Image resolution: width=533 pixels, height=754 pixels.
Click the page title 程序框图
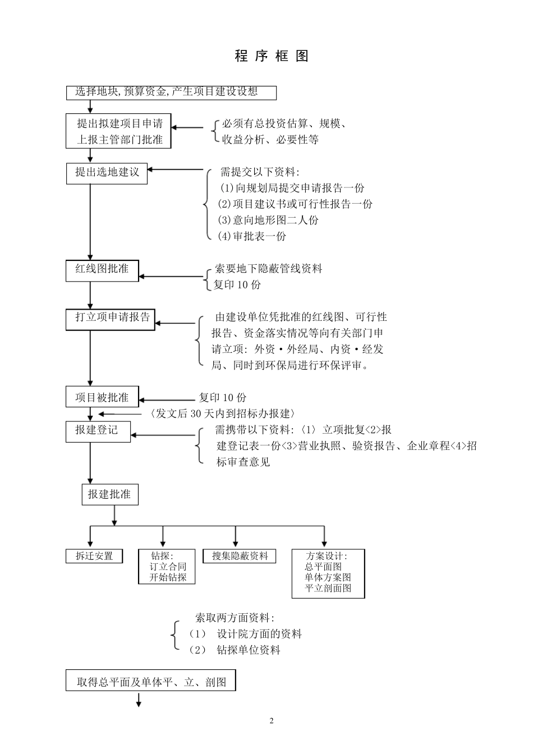point(272,56)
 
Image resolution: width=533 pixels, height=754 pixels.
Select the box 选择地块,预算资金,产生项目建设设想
point(171,92)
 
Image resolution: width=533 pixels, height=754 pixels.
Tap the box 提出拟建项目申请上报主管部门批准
point(118,131)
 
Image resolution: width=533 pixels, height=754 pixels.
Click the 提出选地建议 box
point(107,172)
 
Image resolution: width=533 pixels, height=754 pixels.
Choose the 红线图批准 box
point(102,270)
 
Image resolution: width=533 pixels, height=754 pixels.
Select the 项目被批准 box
point(102,398)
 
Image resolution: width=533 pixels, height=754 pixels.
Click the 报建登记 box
point(98,430)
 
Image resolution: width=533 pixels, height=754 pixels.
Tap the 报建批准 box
point(109,495)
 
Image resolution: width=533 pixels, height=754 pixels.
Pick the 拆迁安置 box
point(94,556)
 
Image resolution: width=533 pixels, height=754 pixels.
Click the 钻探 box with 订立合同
point(167,567)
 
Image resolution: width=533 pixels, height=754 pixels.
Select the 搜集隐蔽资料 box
point(240,556)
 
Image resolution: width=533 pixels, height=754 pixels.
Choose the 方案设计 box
point(328,573)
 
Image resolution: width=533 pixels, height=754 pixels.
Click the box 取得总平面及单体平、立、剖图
point(151,682)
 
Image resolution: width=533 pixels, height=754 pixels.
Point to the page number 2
point(272,721)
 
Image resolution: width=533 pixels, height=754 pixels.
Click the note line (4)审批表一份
point(252,237)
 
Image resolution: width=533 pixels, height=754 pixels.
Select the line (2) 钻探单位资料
point(235,650)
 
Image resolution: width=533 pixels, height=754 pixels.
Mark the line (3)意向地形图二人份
point(268,220)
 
